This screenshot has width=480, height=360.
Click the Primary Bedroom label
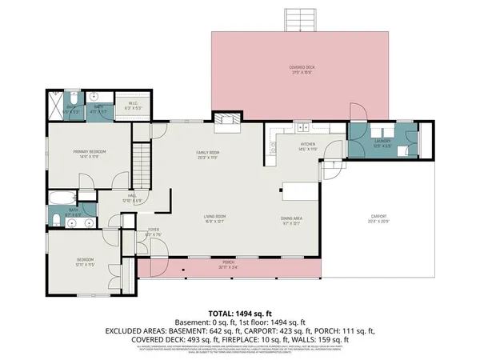click(90, 152)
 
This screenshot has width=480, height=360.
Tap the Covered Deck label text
click(301, 68)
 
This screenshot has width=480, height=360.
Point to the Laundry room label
click(382, 142)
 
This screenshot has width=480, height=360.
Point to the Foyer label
click(153, 232)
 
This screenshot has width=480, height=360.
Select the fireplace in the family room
click(228, 120)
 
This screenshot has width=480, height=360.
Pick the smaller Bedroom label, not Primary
click(85, 260)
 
